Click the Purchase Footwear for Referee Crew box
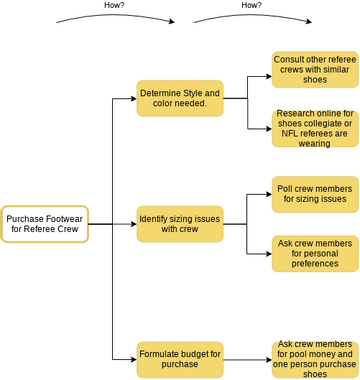coord(45,224)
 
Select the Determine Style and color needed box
coord(180,98)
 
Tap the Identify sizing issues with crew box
coord(180,224)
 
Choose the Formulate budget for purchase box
coord(180,359)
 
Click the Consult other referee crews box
coord(314,70)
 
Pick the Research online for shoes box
coord(314,128)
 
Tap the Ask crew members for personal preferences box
coord(314,254)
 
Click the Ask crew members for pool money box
coord(314,359)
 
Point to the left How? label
coord(115,5)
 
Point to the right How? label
coord(251,5)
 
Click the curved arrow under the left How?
coord(115,17)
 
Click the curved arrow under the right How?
coord(251,17)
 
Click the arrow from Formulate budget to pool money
coord(247,359)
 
